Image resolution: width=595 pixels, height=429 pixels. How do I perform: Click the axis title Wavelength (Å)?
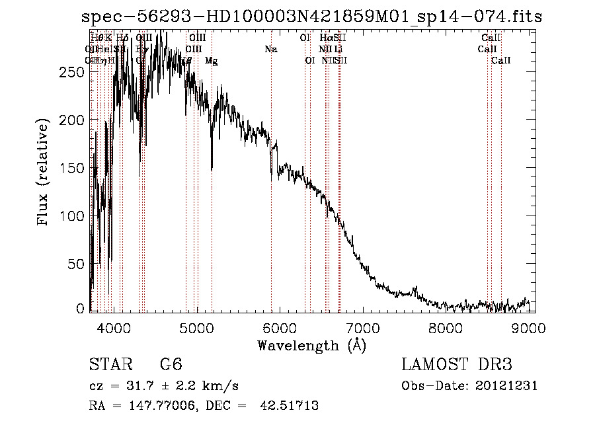pos(311,345)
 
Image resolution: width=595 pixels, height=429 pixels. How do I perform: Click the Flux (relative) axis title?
pos(44,173)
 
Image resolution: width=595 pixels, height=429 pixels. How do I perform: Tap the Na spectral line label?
pos(270,50)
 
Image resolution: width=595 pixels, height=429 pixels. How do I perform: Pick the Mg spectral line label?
pos(211,61)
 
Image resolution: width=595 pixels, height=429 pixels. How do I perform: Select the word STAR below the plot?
pos(110,366)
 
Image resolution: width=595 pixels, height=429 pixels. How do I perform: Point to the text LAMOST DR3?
pos(457,366)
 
